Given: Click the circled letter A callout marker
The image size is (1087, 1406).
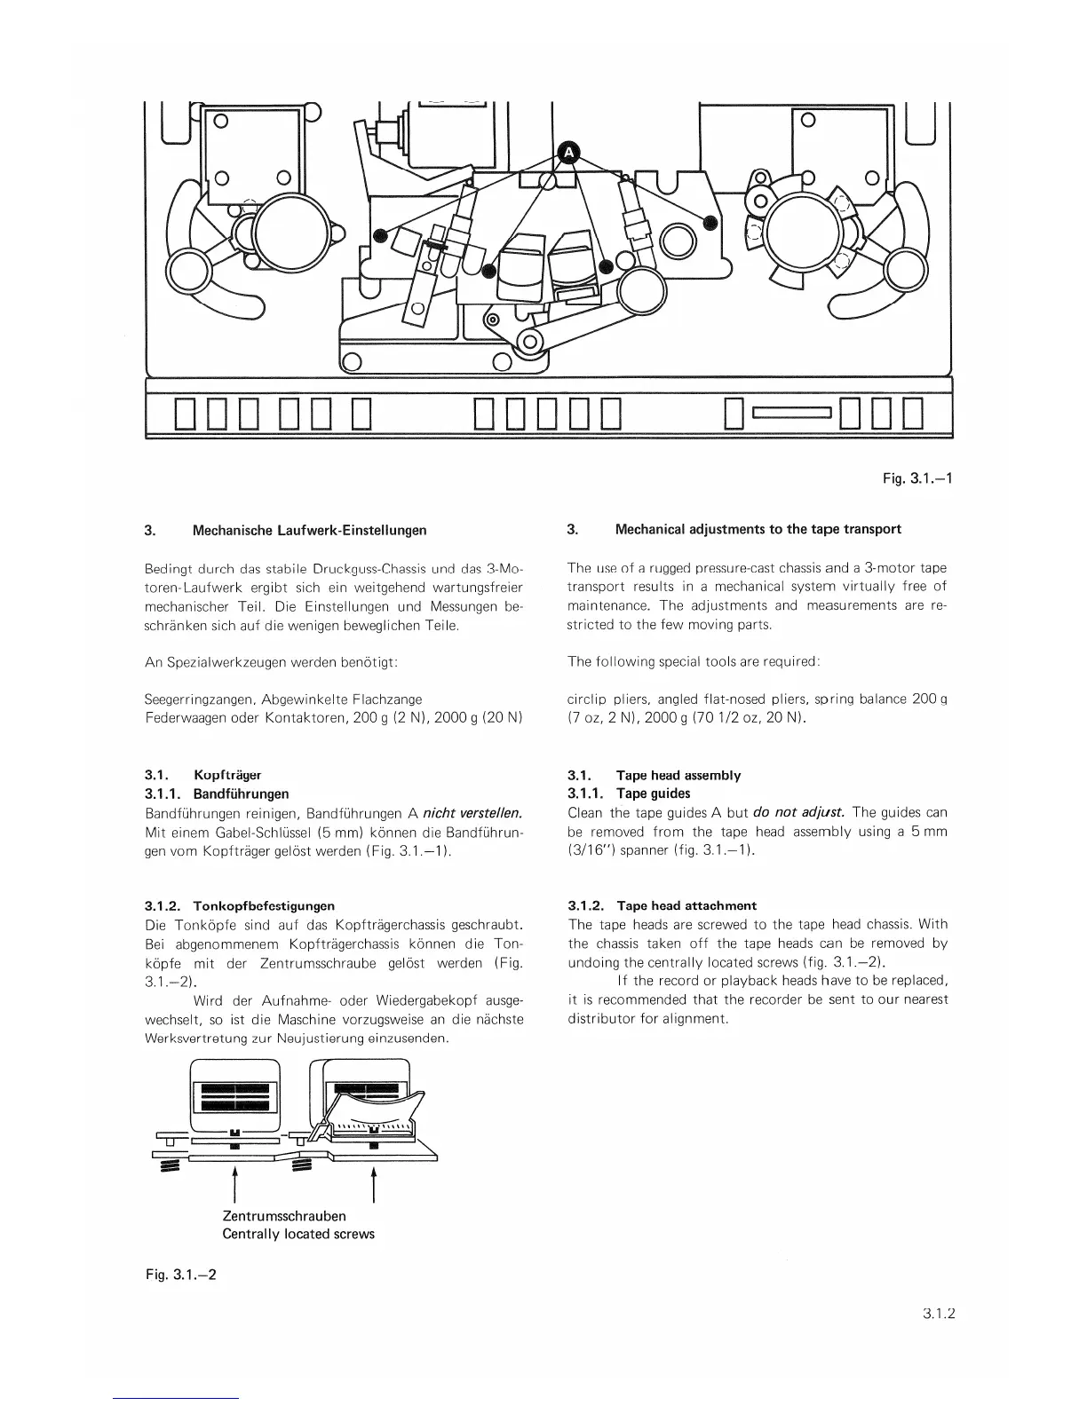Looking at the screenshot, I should [x=567, y=153].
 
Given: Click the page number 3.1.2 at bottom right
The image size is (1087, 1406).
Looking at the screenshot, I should [x=937, y=1316].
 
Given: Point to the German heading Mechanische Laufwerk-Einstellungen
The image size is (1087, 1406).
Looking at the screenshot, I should [x=309, y=530].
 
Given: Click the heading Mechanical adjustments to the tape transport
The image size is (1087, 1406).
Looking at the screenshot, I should [x=758, y=529].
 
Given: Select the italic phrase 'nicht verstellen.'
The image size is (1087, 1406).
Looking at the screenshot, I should [x=471, y=812].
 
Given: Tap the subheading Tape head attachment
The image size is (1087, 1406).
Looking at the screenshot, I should [x=686, y=905].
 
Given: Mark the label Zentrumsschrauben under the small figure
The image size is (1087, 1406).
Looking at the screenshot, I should [x=284, y=1215].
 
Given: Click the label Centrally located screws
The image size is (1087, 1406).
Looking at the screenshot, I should [x=298, y=1234].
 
